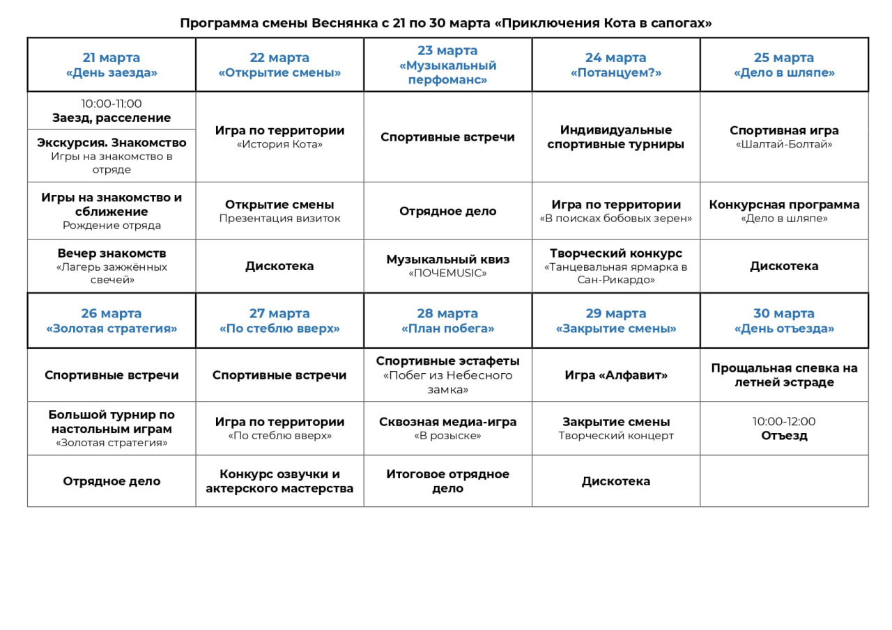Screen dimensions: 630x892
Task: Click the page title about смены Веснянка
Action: (x=446, y=23)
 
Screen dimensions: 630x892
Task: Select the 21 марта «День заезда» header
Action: (x=111, y=65)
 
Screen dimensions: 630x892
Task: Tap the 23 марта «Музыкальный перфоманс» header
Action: (x=447, y=65)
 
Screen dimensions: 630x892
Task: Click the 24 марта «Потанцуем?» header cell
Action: (x=616, y=65)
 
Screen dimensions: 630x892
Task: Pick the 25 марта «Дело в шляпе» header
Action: (x=784, y=65)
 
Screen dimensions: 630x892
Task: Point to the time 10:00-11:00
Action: (x=111, y=104)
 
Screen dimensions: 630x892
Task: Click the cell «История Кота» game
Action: (x=279, y=137)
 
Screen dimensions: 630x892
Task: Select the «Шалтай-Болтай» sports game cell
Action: (x=784, y=137)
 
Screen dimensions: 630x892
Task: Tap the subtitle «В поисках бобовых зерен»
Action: (x=616, y=219)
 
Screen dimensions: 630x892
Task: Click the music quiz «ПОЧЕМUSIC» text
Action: (x=447, y=274)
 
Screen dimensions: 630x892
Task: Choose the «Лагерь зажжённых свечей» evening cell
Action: (x=111, y=266)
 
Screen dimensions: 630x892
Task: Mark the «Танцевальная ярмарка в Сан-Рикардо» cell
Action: (x=616, y=266)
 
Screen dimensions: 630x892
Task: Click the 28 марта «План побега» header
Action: (x=447, y=321)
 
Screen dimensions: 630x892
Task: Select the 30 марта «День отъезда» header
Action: (x=784, y=321)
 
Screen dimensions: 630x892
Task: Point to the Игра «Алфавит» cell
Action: (x=616, y=375)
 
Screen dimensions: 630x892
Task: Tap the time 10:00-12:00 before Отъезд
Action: (x=784, y=421)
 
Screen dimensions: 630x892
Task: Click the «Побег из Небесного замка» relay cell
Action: (x=447, y=375)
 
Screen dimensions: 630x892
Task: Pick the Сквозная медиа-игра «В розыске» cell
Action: (x=447, y=428)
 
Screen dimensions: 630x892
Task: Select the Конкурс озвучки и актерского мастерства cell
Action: (x=279, y=481)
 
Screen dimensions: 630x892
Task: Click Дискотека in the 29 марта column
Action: (x=616, y=481)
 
